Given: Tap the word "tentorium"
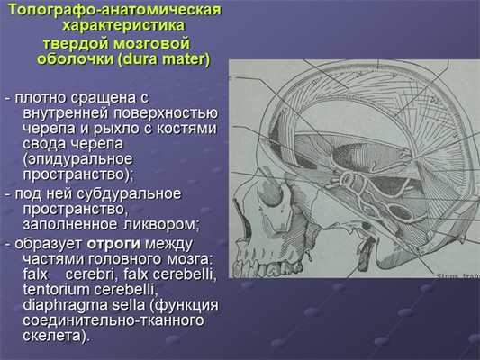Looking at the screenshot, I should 56,288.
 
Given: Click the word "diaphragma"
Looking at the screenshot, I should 62,305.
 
